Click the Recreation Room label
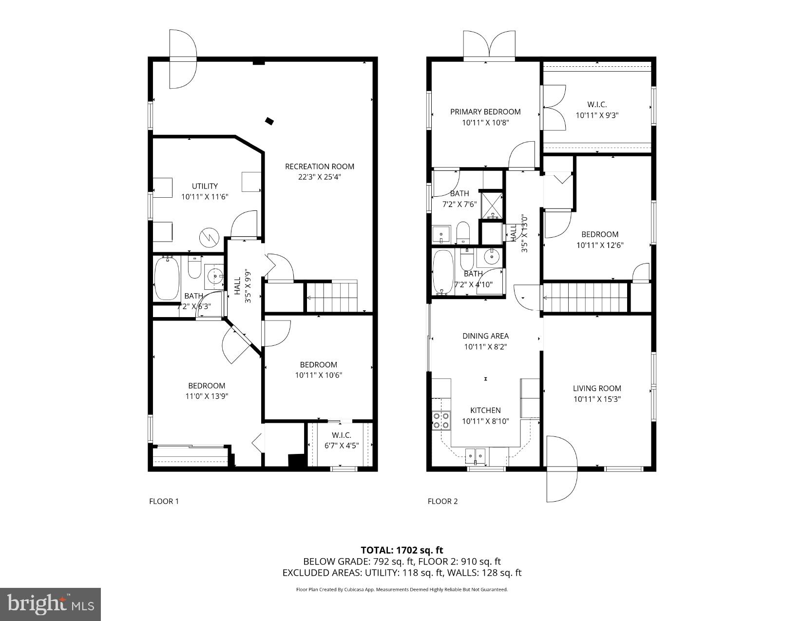click(319, 167)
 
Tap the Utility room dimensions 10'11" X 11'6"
click(205, 197)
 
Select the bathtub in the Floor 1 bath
click(167, 278)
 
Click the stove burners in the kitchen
click(441, 420)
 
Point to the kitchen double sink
click(475, 456)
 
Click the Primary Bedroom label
click(485, 112)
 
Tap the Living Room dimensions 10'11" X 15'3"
click(597, 399)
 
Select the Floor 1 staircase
click(331, 297)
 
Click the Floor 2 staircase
click(585, 298)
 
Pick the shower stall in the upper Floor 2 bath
click(491, 205)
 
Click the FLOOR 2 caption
click(442, 501)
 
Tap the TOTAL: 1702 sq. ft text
click(402, 550)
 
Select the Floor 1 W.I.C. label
click(341, 435)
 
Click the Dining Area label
click(485, 336)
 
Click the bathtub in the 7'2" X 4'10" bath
click(442, 272)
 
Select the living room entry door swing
click(562, 469)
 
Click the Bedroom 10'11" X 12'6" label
click(599, 234)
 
